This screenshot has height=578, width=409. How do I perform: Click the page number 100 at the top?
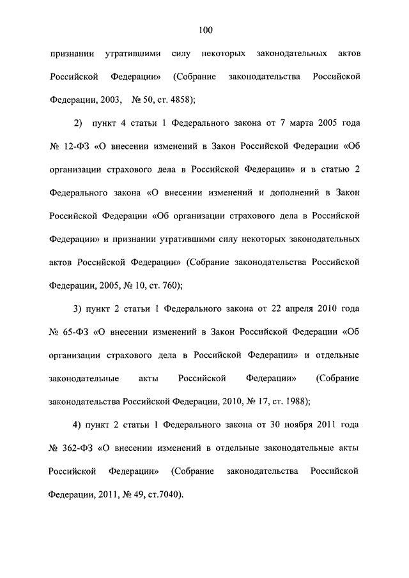coord(204,29)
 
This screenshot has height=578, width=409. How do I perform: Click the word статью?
coord(332,169)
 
